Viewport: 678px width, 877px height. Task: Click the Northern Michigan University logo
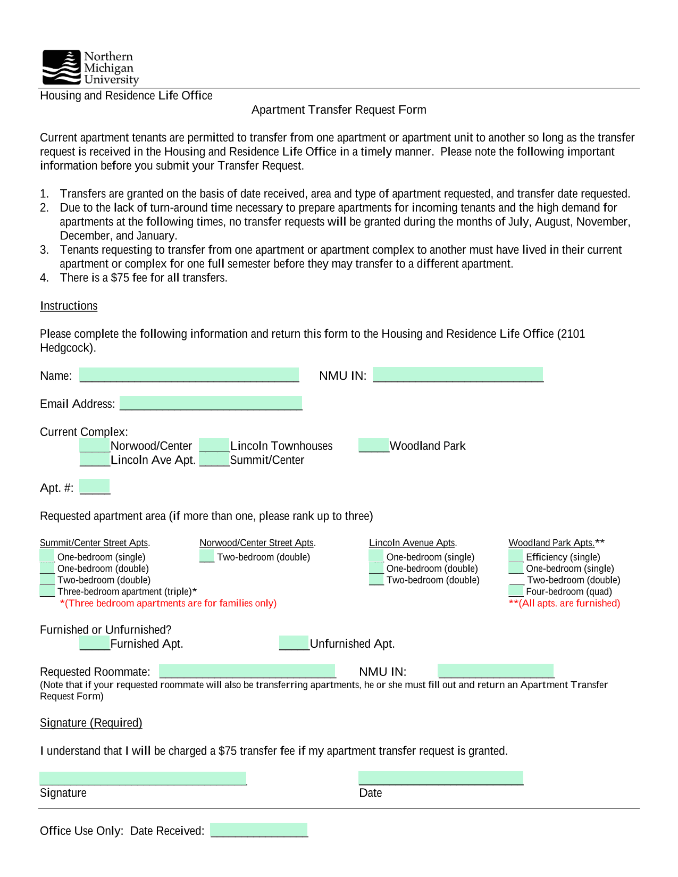[90, 68]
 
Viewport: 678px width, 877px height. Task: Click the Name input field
[189, 374]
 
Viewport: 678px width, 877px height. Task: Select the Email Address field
[211, 403]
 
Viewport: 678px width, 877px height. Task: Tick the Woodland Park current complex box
[374, 445]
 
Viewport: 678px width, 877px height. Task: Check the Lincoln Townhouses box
[214, 445]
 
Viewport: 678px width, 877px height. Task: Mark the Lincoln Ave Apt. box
[95, 460]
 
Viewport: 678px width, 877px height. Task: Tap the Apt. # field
[95, 487]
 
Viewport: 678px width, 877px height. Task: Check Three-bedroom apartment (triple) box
[47, 591]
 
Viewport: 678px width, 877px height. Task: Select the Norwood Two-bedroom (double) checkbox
[207, 556]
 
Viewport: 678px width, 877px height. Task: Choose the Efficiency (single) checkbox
[516, 556]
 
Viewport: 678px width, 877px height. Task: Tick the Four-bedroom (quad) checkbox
[516, 591]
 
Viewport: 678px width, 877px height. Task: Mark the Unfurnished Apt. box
[294, 643]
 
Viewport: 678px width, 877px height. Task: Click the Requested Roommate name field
[247, 671]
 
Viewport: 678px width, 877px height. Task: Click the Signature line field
[143, 778]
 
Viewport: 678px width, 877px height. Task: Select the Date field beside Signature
[441, 778]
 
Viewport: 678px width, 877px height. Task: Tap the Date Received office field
[259, 830]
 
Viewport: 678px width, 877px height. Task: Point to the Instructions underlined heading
[69, 306]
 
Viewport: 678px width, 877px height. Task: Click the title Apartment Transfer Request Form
[339, 110]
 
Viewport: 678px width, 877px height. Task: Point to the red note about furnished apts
[565, 603]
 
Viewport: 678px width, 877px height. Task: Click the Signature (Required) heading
[91, 723]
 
